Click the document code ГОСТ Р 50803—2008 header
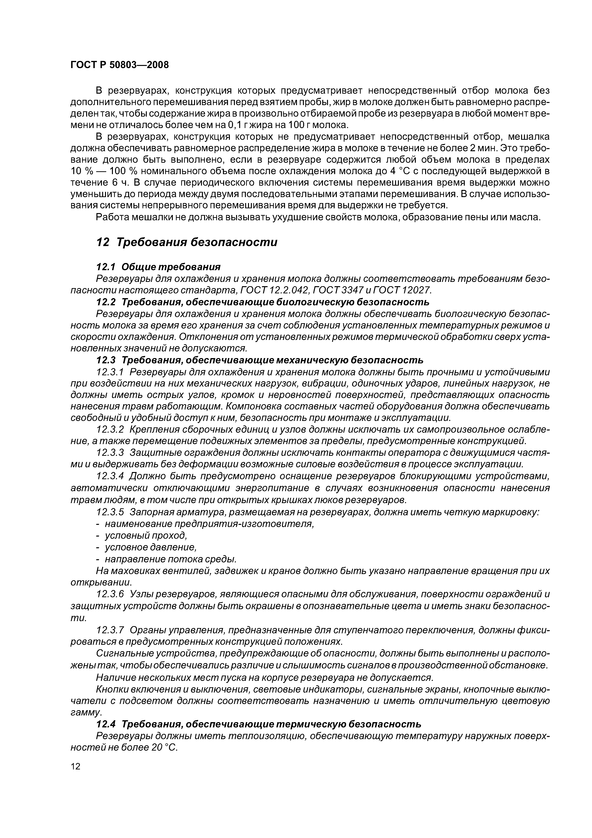point(120,65)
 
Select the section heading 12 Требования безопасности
point(186,242)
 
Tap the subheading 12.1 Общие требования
point(158,267)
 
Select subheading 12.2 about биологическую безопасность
point(263,302)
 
